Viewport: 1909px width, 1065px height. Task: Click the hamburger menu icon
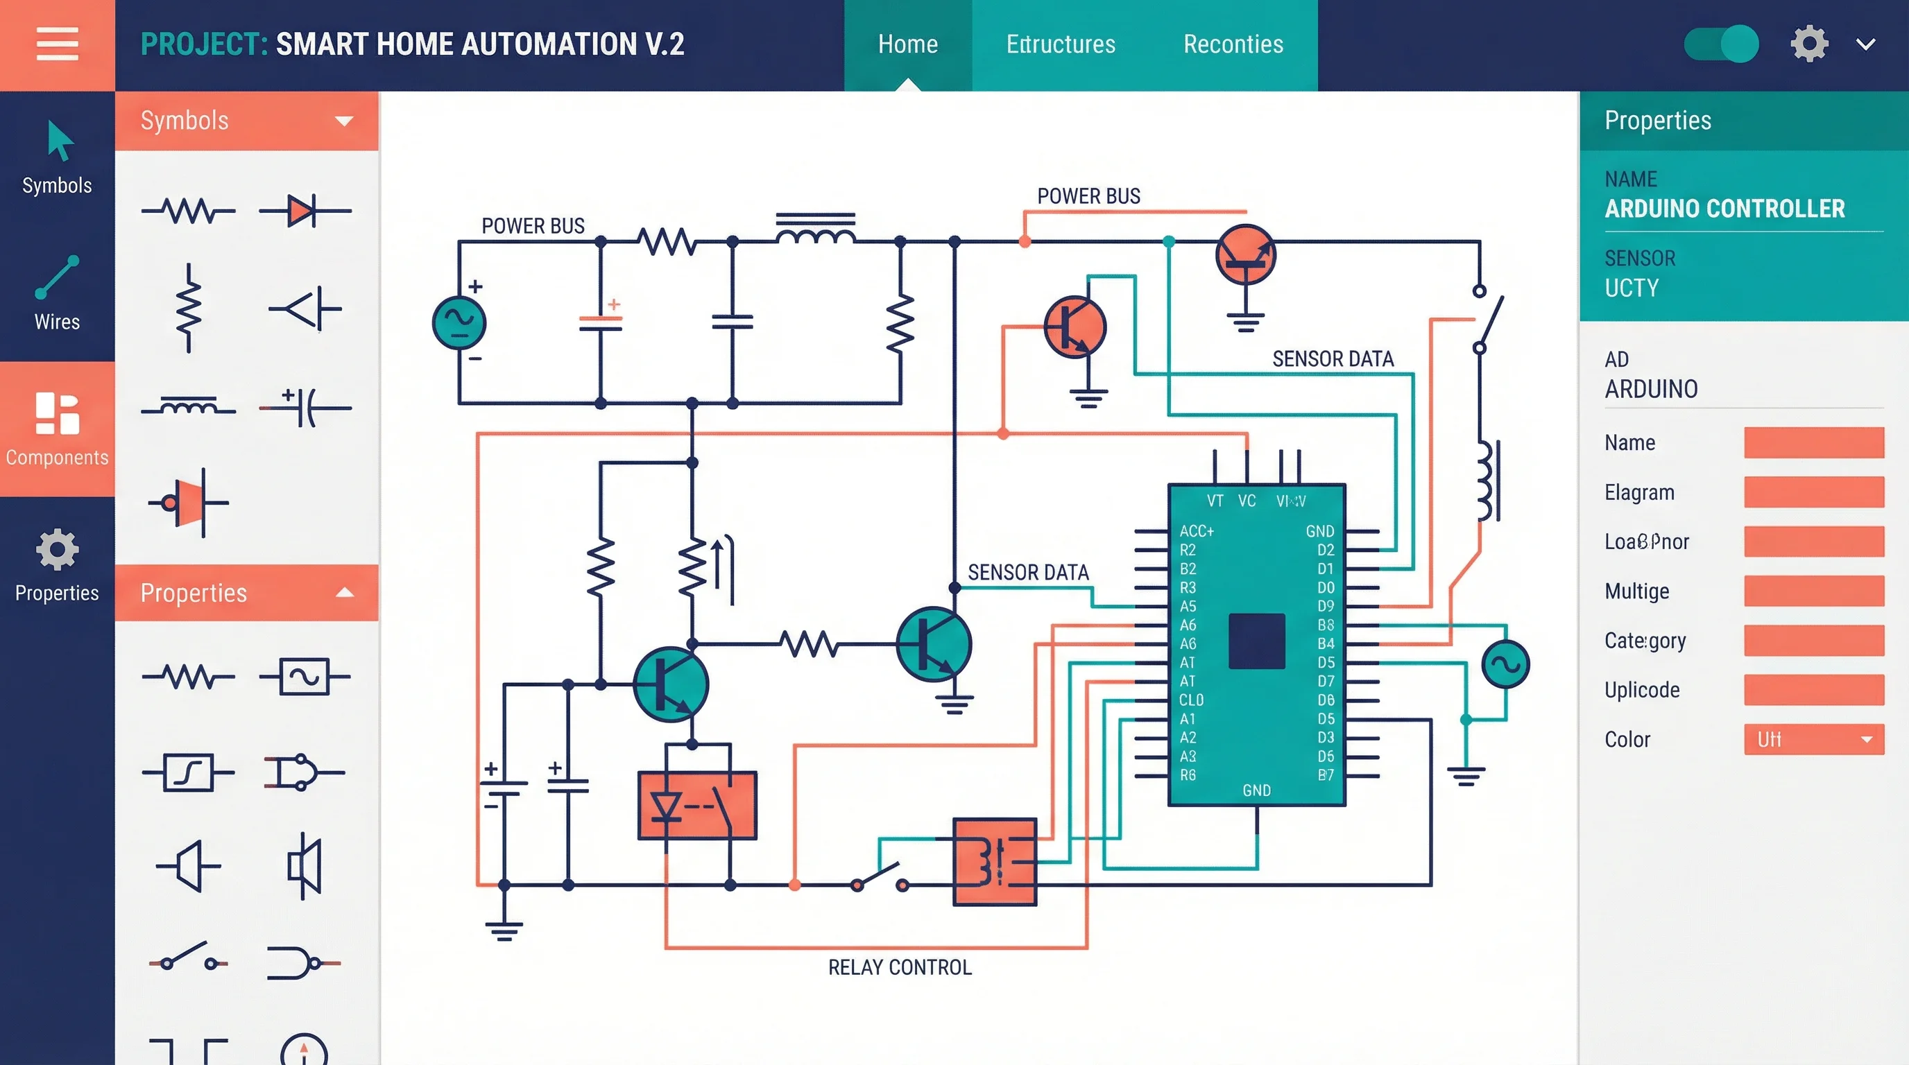pos(57,44)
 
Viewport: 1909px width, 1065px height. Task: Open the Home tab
pos(907,44)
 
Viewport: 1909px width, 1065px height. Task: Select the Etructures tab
pos(1060,44)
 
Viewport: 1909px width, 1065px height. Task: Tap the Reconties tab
pos(1233,44)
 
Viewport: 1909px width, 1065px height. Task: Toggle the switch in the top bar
pos(1720,44)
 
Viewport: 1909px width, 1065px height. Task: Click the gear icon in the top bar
pos(1809,44)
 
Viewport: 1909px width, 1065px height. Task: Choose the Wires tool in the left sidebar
pos(57,293)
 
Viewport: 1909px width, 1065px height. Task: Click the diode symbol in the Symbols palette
pos(304,211)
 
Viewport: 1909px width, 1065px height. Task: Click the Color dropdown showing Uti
pos(1813,739)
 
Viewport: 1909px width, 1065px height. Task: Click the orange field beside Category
pos(1813,641)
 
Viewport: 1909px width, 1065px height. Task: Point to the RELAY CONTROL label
pos(899,967)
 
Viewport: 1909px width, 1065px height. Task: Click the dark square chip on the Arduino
pos(1256,641)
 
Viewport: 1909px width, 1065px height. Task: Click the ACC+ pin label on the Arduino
pos(1196,531)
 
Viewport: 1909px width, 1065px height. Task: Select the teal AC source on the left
pos(459,322)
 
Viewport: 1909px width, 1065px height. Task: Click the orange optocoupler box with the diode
pos(696,805)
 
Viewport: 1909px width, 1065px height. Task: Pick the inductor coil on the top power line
pos(815,231)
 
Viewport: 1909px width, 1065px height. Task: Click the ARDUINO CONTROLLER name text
pos(1724,209)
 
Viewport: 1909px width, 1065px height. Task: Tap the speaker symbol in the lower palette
pos(305,865)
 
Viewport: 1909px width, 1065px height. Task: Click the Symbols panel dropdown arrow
pos(344,121)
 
